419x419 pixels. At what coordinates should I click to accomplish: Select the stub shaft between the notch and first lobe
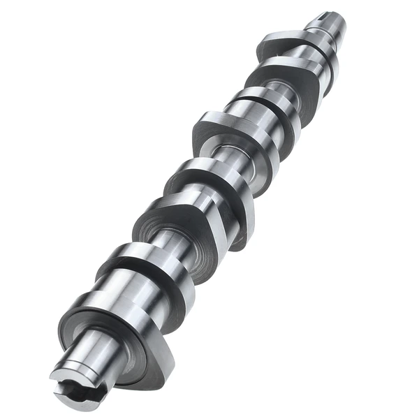click(x=91, y=349)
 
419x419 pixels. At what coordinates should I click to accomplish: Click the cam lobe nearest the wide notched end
click(x=119, y=328)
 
